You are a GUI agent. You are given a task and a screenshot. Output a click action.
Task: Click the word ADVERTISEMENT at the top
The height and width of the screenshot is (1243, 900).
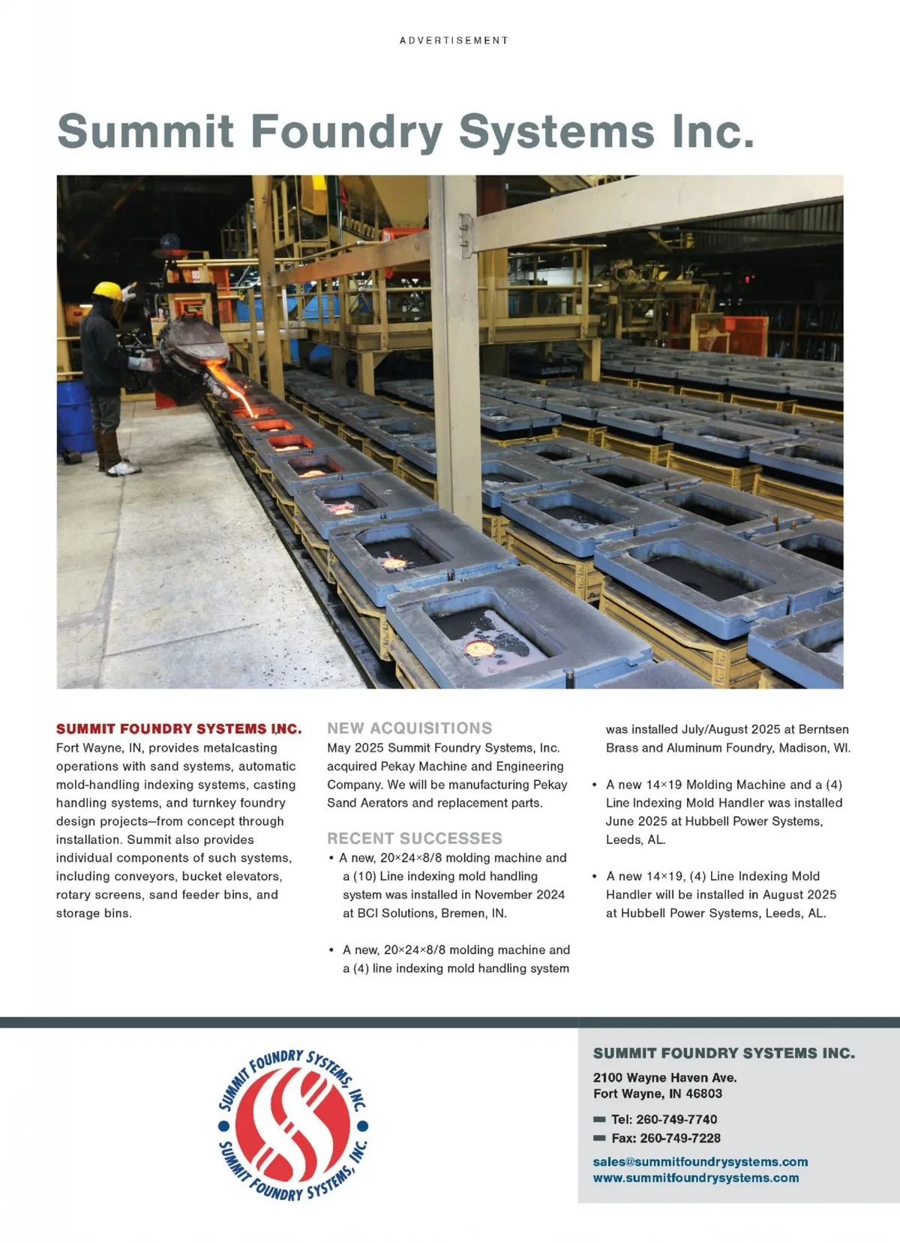click(x=454, y=41)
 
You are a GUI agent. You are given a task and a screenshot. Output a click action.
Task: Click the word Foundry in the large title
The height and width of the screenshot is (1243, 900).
click(x=346, y=131)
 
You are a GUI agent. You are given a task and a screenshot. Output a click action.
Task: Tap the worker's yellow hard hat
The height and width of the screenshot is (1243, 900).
click(x=108, y=290)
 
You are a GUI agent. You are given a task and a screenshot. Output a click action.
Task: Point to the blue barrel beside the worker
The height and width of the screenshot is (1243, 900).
click(x=73, y=416)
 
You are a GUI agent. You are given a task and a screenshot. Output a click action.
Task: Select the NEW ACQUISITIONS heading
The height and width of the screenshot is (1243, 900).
click(x=409, y=728)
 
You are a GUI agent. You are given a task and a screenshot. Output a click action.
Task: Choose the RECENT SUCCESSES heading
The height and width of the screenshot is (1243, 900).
click(x=415, y=839)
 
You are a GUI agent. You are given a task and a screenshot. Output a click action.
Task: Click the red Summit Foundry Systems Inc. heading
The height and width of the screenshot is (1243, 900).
click(x=178, y=729)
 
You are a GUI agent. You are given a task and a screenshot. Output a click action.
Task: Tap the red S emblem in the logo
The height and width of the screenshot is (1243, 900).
click(x=293, y=1125)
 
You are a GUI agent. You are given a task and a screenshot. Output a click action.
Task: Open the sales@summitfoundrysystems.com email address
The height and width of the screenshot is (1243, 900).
click(x=700, y=1162)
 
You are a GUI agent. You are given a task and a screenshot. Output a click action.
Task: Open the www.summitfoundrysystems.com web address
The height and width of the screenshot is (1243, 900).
click(x=695, y=1178)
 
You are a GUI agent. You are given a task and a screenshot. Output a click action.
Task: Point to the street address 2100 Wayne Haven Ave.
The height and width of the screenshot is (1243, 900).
click(x=664, y=1078)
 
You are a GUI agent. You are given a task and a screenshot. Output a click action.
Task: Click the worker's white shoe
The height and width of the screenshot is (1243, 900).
click(x=124, y=470)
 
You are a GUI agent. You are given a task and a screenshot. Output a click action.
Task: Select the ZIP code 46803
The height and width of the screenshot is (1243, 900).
click(x=703, y=1094)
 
